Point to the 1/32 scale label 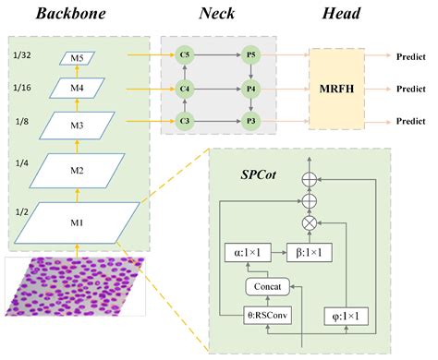pyautogui.click(x=23, y=55)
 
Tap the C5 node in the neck pyautogui.click(x=186, y=56)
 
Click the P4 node pyautogui.click(x=249, y=90)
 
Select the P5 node pyautogui.click(x=249, y=56)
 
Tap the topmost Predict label pyautogui.click(x=409, y=56)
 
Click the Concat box pyautogui.click(x=268, y=285)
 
